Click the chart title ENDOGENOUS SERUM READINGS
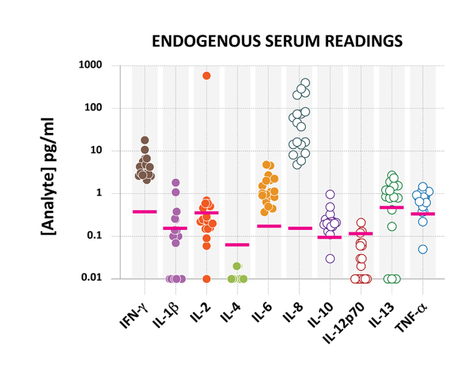click(277, 41)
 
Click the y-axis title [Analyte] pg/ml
click(48, 172)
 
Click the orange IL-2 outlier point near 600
click(206, 75)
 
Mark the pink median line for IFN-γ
click(144, 212)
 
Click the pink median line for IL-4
click(237, 244)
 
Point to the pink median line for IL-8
click(299, 229)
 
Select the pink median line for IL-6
click(269, 226)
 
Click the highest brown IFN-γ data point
click(145, 140)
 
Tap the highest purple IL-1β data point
click(176, 182)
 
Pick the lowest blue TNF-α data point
click(423, 249)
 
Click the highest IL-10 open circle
click(330, 194)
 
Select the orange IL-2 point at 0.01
click(206, 278)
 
